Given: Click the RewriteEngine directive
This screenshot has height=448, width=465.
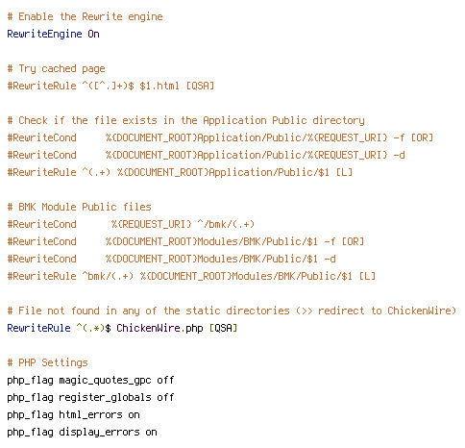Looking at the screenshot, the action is click(44, 35).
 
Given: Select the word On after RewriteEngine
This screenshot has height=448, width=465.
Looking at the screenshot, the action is click(93, 34).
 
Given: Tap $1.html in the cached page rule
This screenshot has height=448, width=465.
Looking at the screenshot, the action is click(159, 86).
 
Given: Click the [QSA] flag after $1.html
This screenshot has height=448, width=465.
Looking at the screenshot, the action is click(200, 86).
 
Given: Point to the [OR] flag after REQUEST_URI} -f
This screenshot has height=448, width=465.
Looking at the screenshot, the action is click(422, 137).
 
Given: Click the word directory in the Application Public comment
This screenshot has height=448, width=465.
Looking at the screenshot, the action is click(338, 120).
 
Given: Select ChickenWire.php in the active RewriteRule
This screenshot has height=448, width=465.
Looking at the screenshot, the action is click(159, 328).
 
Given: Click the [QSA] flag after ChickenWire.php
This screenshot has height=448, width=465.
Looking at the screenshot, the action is click(223, 328).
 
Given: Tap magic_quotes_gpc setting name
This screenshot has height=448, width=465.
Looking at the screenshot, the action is click(105, 380).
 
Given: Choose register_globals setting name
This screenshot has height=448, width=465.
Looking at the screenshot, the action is click(105, 397).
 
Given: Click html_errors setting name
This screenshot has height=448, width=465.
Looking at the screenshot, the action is click(90, 414).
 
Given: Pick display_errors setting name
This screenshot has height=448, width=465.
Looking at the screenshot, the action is click(99, 432).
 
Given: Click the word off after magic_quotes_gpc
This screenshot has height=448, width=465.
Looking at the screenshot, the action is click(165, 380).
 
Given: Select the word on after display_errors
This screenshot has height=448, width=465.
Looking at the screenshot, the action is click(151, 433).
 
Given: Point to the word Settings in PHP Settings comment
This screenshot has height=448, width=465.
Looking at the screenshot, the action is click(64, 362).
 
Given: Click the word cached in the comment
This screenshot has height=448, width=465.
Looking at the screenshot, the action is click(59, 68).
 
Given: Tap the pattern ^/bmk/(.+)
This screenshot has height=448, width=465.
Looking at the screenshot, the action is click(226, 224).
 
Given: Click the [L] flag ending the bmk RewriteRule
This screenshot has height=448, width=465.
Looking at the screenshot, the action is click(367, 276).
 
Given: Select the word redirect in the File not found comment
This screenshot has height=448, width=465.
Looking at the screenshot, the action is click(341, 311).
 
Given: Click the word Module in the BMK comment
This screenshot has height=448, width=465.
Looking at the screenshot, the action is click(59, 207).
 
